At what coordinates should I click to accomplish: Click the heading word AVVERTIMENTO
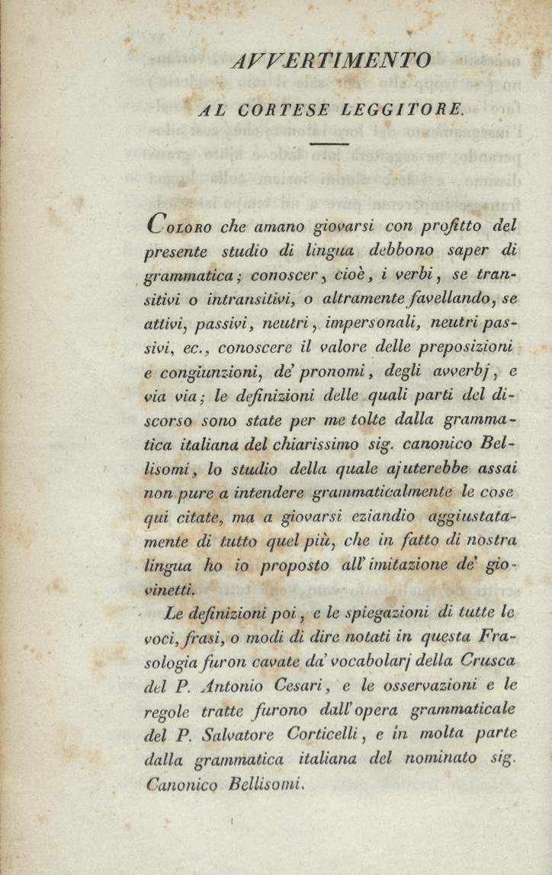pos(330,60)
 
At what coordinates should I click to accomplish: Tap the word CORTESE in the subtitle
pos(284,110)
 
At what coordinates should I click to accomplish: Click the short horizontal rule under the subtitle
pos(329,143)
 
